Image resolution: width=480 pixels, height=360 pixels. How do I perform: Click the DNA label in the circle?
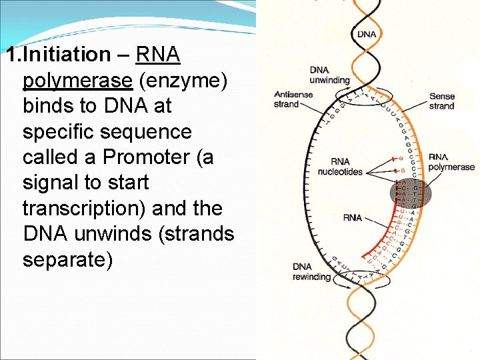click(366, 34)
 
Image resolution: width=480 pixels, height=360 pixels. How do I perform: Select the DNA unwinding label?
click(329, 75)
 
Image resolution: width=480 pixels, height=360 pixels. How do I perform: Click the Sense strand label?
click(441, 101)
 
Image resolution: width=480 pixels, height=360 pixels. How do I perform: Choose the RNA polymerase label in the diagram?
click(451, 162)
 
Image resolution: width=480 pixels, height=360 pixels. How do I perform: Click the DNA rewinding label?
click(311, 272)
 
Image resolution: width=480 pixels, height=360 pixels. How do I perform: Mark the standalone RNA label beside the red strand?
click(353, 217)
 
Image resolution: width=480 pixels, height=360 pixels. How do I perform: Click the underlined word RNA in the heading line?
click(158, 54)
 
